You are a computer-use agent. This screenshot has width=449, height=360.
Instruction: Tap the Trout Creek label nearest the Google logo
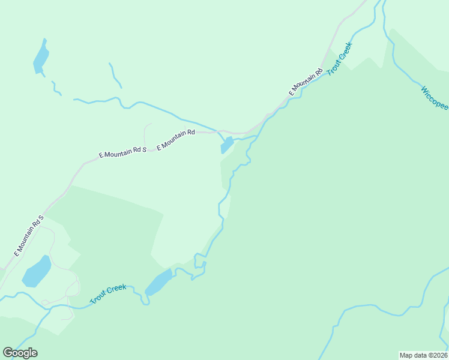108,293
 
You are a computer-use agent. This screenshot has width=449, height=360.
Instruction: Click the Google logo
20,353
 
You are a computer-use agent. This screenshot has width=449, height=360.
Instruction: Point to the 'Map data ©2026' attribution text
424,355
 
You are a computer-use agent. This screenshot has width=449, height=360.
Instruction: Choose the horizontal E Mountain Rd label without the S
176,140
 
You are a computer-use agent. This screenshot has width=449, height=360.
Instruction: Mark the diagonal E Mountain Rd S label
29,235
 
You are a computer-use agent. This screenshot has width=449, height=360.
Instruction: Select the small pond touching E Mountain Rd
227,145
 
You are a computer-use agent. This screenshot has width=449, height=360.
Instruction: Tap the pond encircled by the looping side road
37,271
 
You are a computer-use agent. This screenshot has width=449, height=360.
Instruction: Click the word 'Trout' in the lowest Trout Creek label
98,297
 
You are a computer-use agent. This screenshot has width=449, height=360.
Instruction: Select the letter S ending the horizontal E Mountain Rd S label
145,148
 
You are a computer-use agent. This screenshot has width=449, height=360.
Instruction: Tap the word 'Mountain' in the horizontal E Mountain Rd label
175,140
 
